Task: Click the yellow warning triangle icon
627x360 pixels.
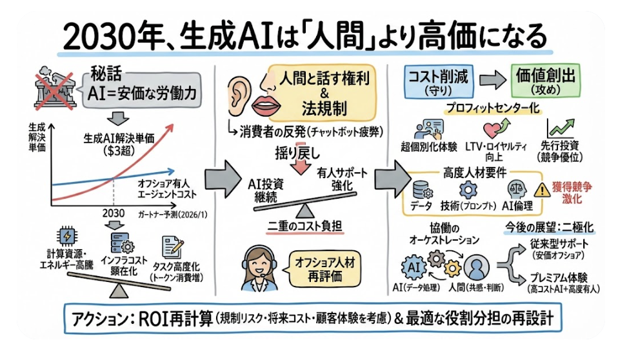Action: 540,190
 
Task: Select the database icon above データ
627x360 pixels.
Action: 422,189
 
